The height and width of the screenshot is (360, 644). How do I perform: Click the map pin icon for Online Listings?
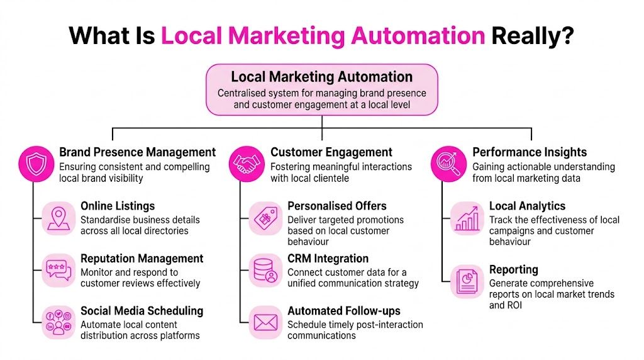coord(58,218)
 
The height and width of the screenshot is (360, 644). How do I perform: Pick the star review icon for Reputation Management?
coord(58,271)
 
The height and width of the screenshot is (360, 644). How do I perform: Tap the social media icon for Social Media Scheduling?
coord(58,323)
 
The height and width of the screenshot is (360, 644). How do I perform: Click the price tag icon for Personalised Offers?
coord(265,218)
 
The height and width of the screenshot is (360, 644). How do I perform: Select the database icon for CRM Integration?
coord(265,271)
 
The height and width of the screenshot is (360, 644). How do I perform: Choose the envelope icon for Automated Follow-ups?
coord(265,323)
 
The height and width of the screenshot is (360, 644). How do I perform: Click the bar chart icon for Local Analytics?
coord(467,218)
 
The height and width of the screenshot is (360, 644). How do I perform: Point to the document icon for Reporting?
coord(467,281)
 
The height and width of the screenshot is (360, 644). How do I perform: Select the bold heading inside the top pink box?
coord(321,77)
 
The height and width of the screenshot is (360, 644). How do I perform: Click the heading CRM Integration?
coord(328,259)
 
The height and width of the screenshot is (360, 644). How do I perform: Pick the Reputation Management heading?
coord(142,259)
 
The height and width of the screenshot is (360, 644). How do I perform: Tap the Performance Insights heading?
coord(530,152)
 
